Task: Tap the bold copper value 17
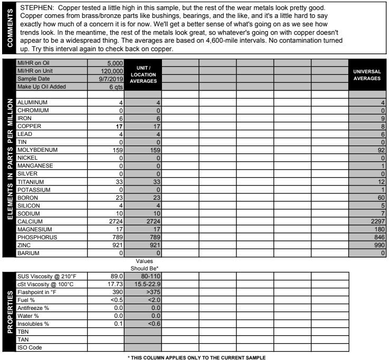pyautogui.click(x=119, y=127)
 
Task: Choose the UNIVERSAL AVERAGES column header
pyautogui.click(x=367, y=74)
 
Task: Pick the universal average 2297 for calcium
pyautogui.click(x=377, y=221)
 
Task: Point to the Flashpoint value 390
pyautogui.click(x=117, y=291)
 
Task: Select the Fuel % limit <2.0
pyautogui.click(x=152, y=299)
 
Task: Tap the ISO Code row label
pyautogui.click(x=31, y=347)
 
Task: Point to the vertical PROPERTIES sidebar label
pyautogui.click(x=9, y=312)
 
